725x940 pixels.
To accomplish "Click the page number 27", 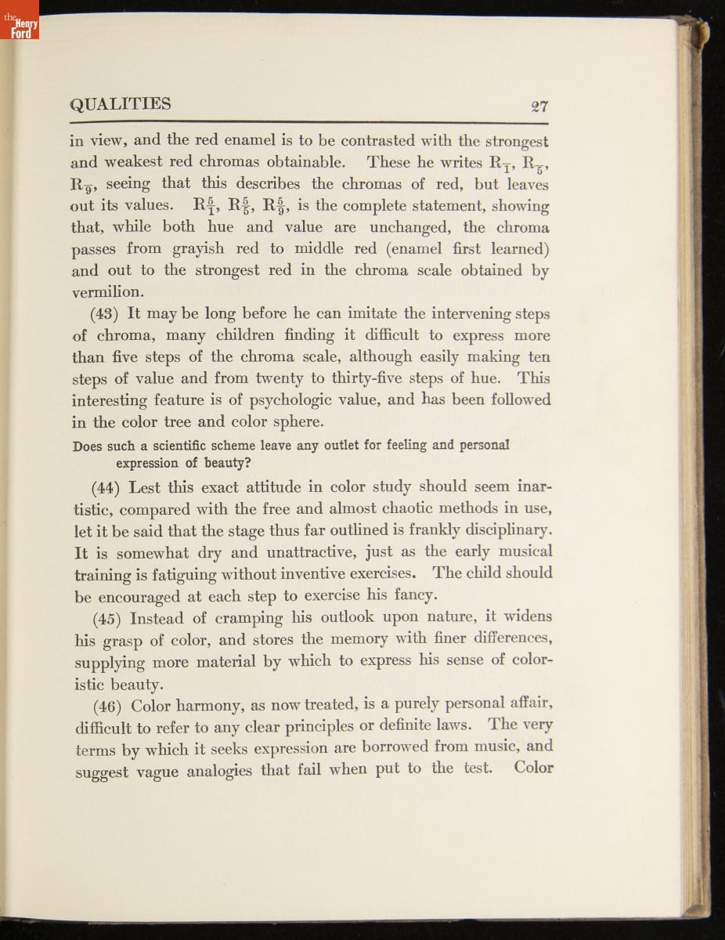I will pos(538,107).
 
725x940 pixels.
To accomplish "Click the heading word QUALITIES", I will pos(120,104).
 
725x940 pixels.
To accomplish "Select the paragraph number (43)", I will pos(108,313).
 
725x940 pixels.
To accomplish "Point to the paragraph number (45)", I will pos(108,617).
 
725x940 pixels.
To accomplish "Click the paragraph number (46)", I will pos(108,703).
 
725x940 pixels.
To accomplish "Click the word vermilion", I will pos(107,291).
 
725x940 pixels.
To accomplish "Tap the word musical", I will pos(520,551).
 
